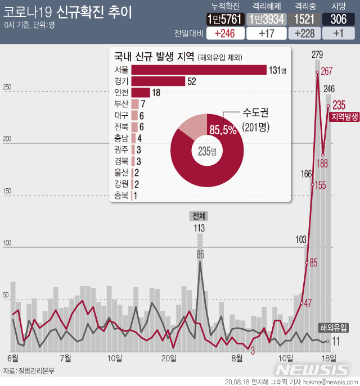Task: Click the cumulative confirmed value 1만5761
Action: point(225,19)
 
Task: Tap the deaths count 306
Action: point(338,19)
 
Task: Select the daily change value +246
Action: point(225,34)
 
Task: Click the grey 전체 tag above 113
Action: point(199,216)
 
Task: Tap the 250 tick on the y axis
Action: point(7,88)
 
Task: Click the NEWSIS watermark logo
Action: point(313,369)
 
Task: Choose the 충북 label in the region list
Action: point(121,196)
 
